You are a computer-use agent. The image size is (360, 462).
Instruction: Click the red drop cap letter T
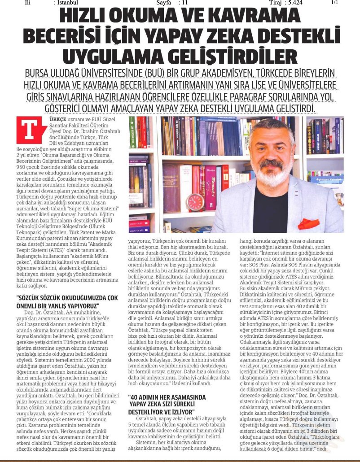coord(26,130)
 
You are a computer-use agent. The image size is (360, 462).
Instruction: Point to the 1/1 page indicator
coord(334,3)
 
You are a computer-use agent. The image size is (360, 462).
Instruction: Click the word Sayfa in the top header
coord(165,3)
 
